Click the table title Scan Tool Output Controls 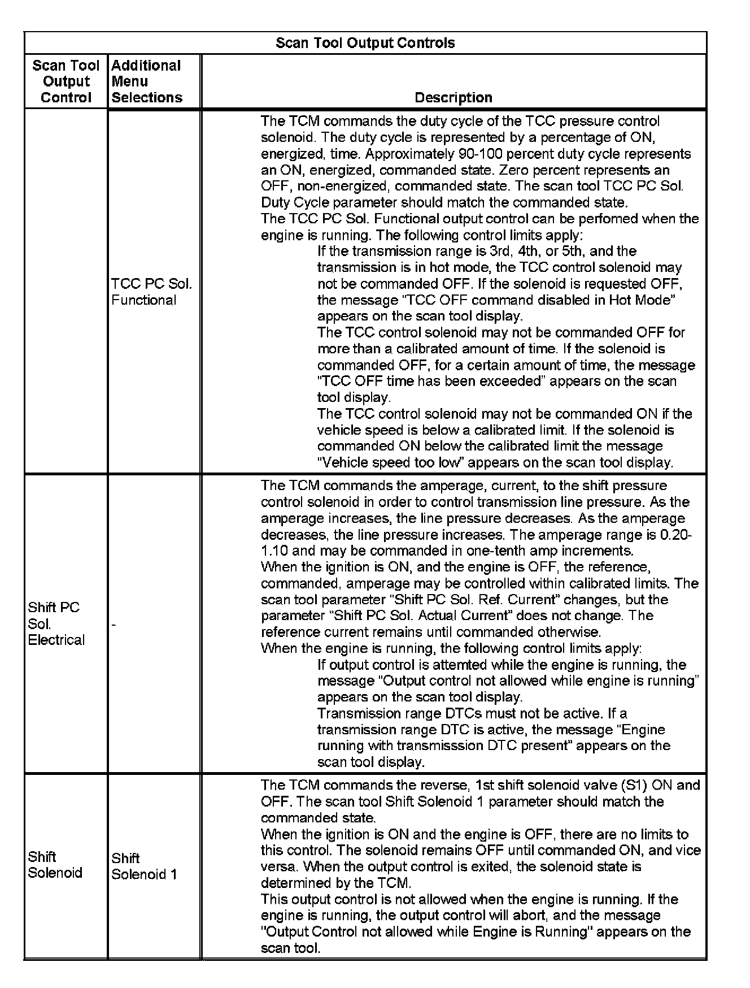(365, 43)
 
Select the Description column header (453, 97)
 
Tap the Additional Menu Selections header (147, 81)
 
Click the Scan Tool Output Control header (66, 81)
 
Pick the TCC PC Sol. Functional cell (151, 292)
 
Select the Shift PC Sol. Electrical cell (56, 623)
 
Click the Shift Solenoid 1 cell (144, 866)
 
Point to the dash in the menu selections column (114, 625)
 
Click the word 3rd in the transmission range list (499, 251)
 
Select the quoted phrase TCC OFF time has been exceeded (430, 382)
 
